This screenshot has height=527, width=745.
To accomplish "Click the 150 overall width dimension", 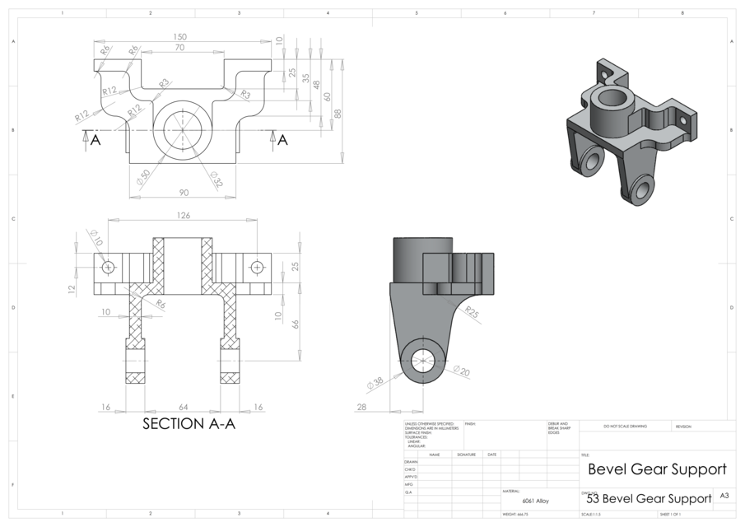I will pos(180,37).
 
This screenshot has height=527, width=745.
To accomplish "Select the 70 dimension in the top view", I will pos(180,49).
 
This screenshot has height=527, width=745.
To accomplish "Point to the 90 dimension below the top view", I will pos(183,193).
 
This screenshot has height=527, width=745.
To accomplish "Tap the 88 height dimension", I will pos(338,114).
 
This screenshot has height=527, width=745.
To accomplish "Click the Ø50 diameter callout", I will pos(145,176).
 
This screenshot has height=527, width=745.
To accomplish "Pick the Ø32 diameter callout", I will pos(217,179).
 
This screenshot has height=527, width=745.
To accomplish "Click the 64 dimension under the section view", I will pos(183,407).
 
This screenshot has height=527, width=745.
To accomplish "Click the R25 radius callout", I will pos(472,312).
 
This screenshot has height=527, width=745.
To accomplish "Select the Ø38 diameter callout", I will pos(375,381).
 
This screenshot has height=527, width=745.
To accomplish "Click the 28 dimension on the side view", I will pos(361,407).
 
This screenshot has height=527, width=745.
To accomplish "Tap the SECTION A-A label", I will pos(189,424).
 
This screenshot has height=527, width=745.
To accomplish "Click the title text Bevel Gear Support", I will pos(657,469).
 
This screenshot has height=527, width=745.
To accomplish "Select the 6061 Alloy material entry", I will pos(536,500).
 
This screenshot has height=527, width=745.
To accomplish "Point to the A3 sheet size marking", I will pos(724,496).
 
